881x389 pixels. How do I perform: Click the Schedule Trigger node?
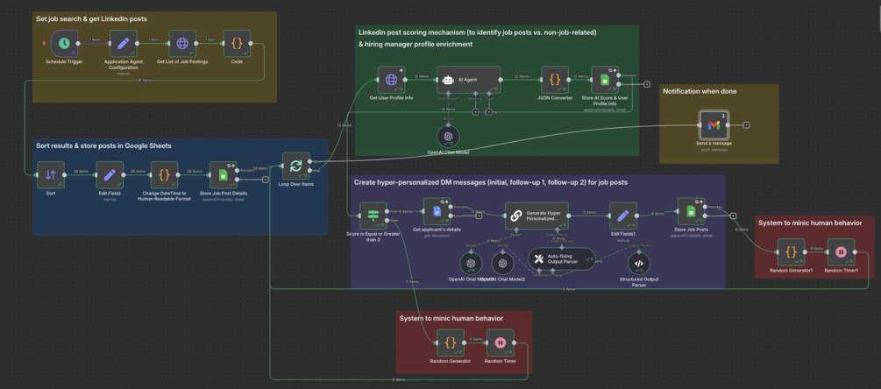pos(64,43)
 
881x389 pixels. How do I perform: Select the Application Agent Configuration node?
pos(124,43)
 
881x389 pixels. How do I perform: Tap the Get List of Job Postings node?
pos(182,43)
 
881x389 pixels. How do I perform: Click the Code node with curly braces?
pos(237,43)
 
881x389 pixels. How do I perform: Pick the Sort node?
pos(51,175)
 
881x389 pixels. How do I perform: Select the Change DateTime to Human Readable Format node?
pos(164,175)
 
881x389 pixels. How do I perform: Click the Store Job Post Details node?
pos(224,175)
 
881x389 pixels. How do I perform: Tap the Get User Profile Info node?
pos(391,80)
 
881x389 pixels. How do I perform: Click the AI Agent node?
pos(468,80)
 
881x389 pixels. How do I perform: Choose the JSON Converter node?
pos(555,80)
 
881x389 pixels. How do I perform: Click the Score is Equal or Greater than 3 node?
pos(373,214)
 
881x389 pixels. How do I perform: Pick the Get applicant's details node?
pos(437,213)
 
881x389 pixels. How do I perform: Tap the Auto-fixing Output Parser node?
pos(562,258)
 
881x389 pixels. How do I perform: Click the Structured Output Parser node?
pos(639,263)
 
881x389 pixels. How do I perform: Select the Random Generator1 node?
pos(792,253)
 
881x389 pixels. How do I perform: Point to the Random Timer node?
pos(500,343)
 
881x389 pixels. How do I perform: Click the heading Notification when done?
pos(699,91)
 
